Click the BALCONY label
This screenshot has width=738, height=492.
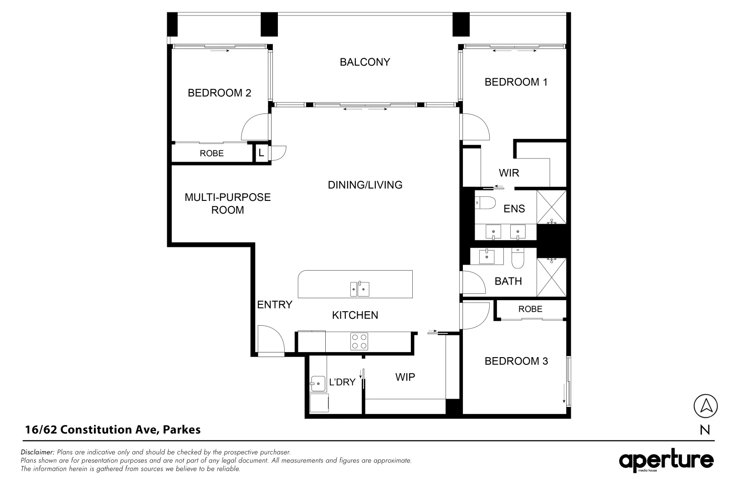click(x=365, y=62)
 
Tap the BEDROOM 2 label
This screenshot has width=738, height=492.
click(x=220, y=93)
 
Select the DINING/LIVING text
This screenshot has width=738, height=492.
click(x=365, y=185)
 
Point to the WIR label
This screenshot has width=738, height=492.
click(x=509, y=173)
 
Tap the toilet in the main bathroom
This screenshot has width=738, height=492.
click(x=518, y=258)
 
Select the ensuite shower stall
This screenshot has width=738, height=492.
click(x=552, y=207)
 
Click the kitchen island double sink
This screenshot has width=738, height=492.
click(x=359, y=289)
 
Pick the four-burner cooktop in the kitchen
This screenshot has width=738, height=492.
click(x=359, y=341)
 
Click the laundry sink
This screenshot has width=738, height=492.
click(x=318, y=384)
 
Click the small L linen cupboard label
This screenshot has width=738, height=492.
click(x=261, y=153)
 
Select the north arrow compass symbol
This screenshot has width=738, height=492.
click(x=705, y=406)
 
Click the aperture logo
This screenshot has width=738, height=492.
click(x=666, y=460)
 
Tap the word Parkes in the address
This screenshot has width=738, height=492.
click(x=182, y=430)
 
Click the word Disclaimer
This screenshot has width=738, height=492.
click(x=37, y=452)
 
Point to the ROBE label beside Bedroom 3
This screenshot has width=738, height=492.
click(x=530, y=309)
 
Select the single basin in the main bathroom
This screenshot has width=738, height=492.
click(x=487, y=257)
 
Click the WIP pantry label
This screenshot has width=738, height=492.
click(x=405, y=377)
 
